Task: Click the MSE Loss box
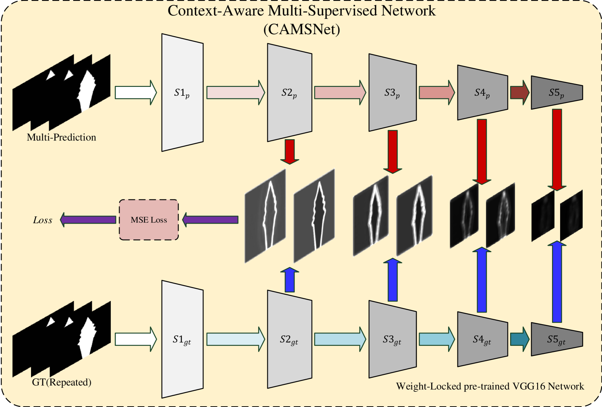pyautogui.click(x=149, y=220)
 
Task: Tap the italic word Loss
pyautogui.click(x=43, y=220)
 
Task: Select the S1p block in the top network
pyautogui.click(x=182, y=92)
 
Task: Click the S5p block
pyautogui.click(x=556, y=92)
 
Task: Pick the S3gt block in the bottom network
pyautogui.click(x=392, y=340)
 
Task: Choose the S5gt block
pyautogui.click(x=556, y=339)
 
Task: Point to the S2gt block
pyautogui.click(x=289, y=340)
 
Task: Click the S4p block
pyautogui.click(x=482, y=93)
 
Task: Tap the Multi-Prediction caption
pyautogui.click(x=61, y=137)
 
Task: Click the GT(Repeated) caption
pyautogui.click(x=61, y=382)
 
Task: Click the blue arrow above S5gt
pyautogui.click(x=557, y=282)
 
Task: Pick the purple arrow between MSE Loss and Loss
pyautogui.click(x=88, y=220)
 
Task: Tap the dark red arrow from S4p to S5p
pyautogui.click(x=519, y=92)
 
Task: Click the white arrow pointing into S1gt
pyautogui.click(x=135, y=339)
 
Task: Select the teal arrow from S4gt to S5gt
pyautogui.click(x=519, y=339)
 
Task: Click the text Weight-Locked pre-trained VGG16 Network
pyautogui.click(x=490, y=386)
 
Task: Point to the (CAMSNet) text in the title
pyautogui.click(x=302, y=29)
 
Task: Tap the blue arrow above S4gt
pyautogui.click(x=482, y=280)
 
